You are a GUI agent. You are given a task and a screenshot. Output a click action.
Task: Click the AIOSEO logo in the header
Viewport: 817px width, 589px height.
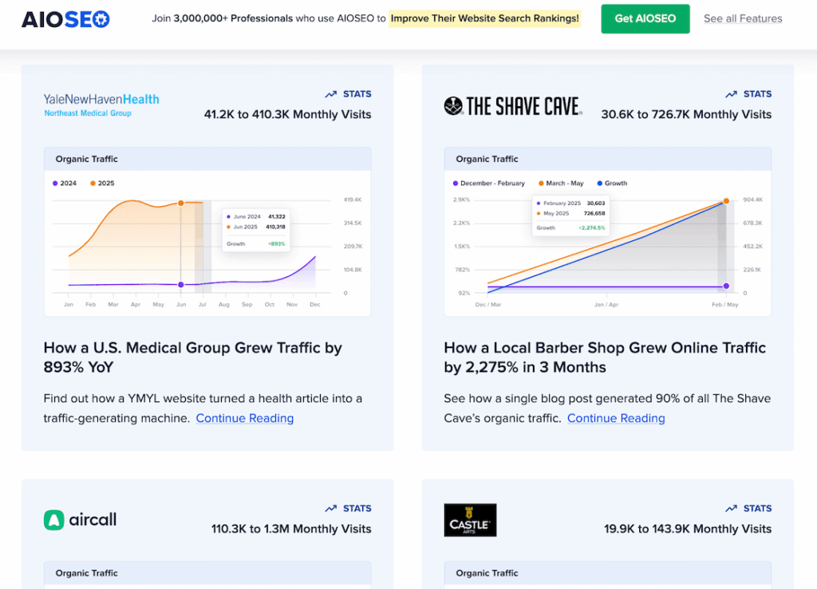pos(65,18)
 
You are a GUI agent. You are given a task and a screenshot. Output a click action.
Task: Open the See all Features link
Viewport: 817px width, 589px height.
pos(742,18)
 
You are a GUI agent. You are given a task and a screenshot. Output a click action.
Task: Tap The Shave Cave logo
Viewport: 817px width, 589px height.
pos(512,106)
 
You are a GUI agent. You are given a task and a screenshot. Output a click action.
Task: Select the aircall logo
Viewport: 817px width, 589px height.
pos(80,520)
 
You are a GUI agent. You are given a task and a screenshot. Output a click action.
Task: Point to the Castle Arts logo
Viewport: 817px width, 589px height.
pos(470,520)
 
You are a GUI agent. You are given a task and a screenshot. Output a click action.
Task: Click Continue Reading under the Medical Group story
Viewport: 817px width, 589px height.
pos(244,418)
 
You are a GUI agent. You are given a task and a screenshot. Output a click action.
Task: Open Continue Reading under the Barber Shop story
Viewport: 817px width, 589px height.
pos(615,418)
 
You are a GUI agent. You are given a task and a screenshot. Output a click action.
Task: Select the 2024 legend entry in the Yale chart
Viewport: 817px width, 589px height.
pos(65,184)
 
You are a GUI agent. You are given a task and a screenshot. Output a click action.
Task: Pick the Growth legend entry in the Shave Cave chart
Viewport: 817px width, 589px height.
pos(611,184)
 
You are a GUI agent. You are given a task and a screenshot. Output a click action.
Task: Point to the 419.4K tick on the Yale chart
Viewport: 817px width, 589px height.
pos(353,200)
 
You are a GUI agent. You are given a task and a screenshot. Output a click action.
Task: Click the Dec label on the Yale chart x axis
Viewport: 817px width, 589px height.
pos(314,305)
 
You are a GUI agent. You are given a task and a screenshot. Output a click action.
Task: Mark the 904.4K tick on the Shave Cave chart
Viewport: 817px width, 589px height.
pos(752,200)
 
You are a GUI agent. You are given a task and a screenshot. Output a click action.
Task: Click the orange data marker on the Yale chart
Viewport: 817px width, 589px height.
pos(180,204)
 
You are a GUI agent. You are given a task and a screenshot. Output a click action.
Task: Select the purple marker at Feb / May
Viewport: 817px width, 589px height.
pos(726,286)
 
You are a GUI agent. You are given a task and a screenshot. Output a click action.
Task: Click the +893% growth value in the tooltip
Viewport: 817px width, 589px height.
pos(276,243)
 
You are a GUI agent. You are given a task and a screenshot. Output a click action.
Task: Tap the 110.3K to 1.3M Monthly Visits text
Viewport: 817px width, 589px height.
pos(291,528)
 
